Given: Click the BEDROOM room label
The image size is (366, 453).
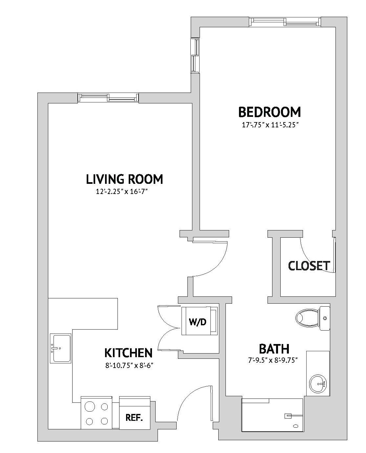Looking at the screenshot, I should click(x=269, y=112).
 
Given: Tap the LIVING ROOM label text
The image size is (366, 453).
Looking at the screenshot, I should click(x=124, y=179).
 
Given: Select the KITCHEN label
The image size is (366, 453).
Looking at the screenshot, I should click(x=128, y=353).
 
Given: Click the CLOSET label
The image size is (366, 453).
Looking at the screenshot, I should click(x=309, y=266).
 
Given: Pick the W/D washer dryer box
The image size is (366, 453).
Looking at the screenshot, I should click(x=198, y=322).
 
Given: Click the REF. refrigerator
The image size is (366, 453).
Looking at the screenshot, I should click(x=134, y=418).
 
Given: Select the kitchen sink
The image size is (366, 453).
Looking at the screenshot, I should click(x=60, y=348).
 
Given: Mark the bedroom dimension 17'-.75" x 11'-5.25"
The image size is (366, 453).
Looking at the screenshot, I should click(x=269, y=125).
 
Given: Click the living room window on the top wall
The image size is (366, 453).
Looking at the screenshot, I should click(x=108, y=97).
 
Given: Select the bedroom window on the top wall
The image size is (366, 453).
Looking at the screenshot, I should click(x=284, y=22).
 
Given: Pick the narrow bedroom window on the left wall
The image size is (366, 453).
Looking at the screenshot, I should click(x=195, y=55).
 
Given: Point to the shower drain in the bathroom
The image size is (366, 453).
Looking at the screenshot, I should click(x=296, y=426).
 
